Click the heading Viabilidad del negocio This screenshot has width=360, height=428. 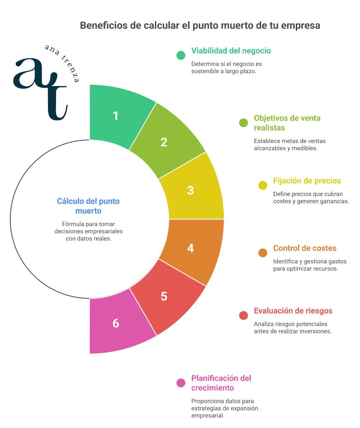point(231,51)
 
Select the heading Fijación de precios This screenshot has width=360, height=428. point(307,181)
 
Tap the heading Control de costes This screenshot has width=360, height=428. point(305,248)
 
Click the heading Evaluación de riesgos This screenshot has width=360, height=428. point(293,311)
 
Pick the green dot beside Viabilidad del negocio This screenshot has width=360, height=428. point(181,55)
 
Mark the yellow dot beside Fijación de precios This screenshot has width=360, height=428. point(263,185)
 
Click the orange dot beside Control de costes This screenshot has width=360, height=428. point(263,253)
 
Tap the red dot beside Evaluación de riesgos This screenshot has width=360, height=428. point(244,315)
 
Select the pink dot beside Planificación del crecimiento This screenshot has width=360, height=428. point(181,383)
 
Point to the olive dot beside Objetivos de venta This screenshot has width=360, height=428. point(244,123)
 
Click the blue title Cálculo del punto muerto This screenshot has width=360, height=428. point(88,206)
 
